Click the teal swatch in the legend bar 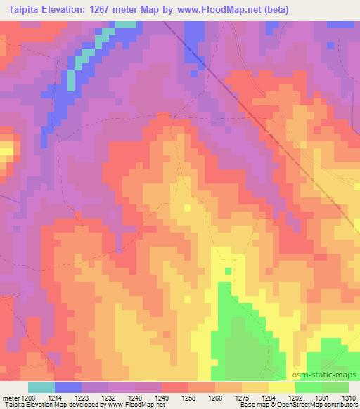41,387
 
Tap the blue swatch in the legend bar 68,387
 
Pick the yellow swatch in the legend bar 281,387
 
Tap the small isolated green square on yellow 228,271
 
